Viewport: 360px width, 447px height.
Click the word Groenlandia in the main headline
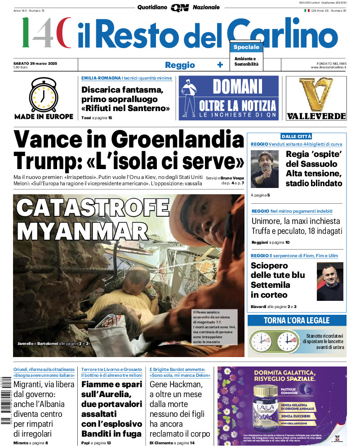pos(178,140)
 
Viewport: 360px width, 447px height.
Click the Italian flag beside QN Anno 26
pos(307,10)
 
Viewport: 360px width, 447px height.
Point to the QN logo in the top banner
pos(179,8)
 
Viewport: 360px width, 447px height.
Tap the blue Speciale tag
pos(246,47)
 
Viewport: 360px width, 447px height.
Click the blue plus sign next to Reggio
pos(220,65)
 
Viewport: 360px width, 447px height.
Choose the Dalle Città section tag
pos(296,136)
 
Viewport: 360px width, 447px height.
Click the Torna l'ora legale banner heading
pos(297,321)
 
